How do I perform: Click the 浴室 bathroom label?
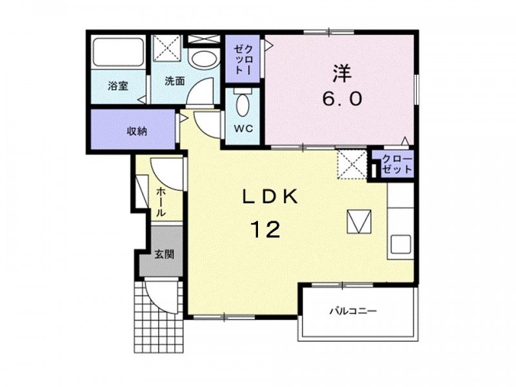click(x=118, y=86)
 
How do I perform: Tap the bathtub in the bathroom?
click(x=118, y=52)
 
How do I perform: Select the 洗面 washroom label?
click(x=174, y=81)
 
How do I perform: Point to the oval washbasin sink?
click(x=204, y=59)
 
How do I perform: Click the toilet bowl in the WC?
click(x=243, y=105)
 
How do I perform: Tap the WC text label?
click(x=244, y=128)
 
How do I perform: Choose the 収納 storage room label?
click(x=137, y=132)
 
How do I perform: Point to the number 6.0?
click(x=342, y=99)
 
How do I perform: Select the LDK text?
click(x=270, y=197)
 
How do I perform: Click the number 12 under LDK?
click(x=266, y=230)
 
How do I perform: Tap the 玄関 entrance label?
click(x=164, y=254)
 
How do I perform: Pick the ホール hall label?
click(x=161, y=202)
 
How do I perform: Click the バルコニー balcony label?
click(x=353, y=311)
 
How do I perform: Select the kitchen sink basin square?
click(x=401, y=244)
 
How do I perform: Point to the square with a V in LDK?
click(x=359, y=221)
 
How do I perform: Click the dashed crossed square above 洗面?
click(x=168, y=48)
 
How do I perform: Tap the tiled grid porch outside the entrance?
click(x=159, y=315)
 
